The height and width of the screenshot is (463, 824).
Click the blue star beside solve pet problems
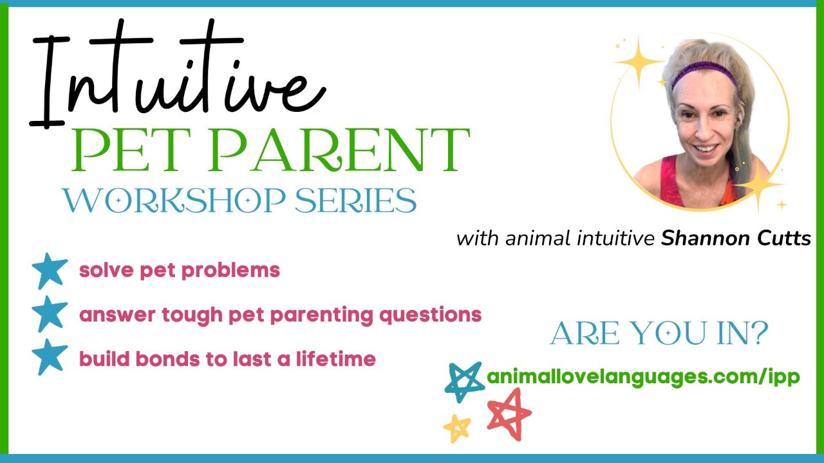click(50, 270)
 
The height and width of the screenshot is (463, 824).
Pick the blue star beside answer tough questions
click(50, 314)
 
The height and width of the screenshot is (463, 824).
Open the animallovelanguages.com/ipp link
click(643, 377)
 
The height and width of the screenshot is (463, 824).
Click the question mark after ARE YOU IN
click(760, 334)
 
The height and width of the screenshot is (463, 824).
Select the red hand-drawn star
click(509, 413)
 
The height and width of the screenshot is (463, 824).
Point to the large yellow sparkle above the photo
click(637, 61)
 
